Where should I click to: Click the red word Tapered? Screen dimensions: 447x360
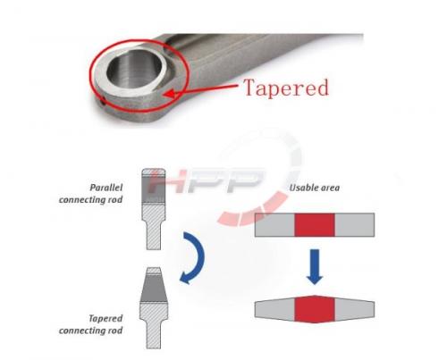[286, 88]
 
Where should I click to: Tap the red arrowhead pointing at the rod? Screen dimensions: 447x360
[169, 94]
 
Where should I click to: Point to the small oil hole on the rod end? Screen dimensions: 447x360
[102, 102]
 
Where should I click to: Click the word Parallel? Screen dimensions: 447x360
[106, 188]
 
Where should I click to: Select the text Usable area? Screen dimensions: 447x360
[315, 188]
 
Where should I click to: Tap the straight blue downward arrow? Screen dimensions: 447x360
[315, 266]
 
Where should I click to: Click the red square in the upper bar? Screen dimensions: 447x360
[315, 225]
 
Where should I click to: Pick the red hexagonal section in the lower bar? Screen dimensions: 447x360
[315, 309]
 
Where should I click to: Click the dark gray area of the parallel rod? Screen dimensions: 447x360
[154, 189]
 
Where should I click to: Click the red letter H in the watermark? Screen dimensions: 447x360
[164, 180]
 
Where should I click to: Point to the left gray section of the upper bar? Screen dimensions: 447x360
[274, 225]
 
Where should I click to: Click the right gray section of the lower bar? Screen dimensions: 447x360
[355, 309]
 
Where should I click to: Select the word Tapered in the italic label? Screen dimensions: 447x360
[105, 319]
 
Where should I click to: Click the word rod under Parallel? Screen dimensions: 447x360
[115, 199]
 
